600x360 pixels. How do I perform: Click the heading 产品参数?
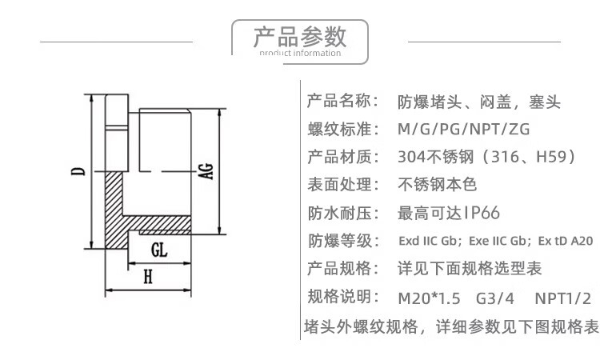pyautogui.click(x=300, y=36)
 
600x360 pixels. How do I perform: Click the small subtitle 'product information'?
pyautogui.click(x=300, y=54)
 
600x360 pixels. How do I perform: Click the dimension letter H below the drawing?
pyautogui.click(x=148, y=278)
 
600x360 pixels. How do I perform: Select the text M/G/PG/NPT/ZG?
pyautogui.click(x=464, y=129)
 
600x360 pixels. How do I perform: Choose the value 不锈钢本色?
pyautogui.click(x=437, y=184)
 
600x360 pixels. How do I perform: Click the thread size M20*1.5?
pyautogui.click(x=429, y=298)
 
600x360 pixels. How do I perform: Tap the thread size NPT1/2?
pyautogui.click(x=562, y=298)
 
